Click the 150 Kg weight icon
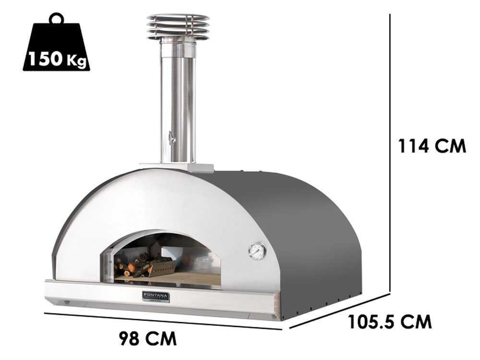[56, 48]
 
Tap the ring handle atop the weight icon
[56, 18]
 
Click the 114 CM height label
[432, 146]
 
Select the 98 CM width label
[147, 338]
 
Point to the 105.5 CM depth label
[390, 321]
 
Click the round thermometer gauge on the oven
[257, 251]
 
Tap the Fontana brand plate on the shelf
[156, 296]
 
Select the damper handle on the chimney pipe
[172, 138]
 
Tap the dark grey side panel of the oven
[312, 240]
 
